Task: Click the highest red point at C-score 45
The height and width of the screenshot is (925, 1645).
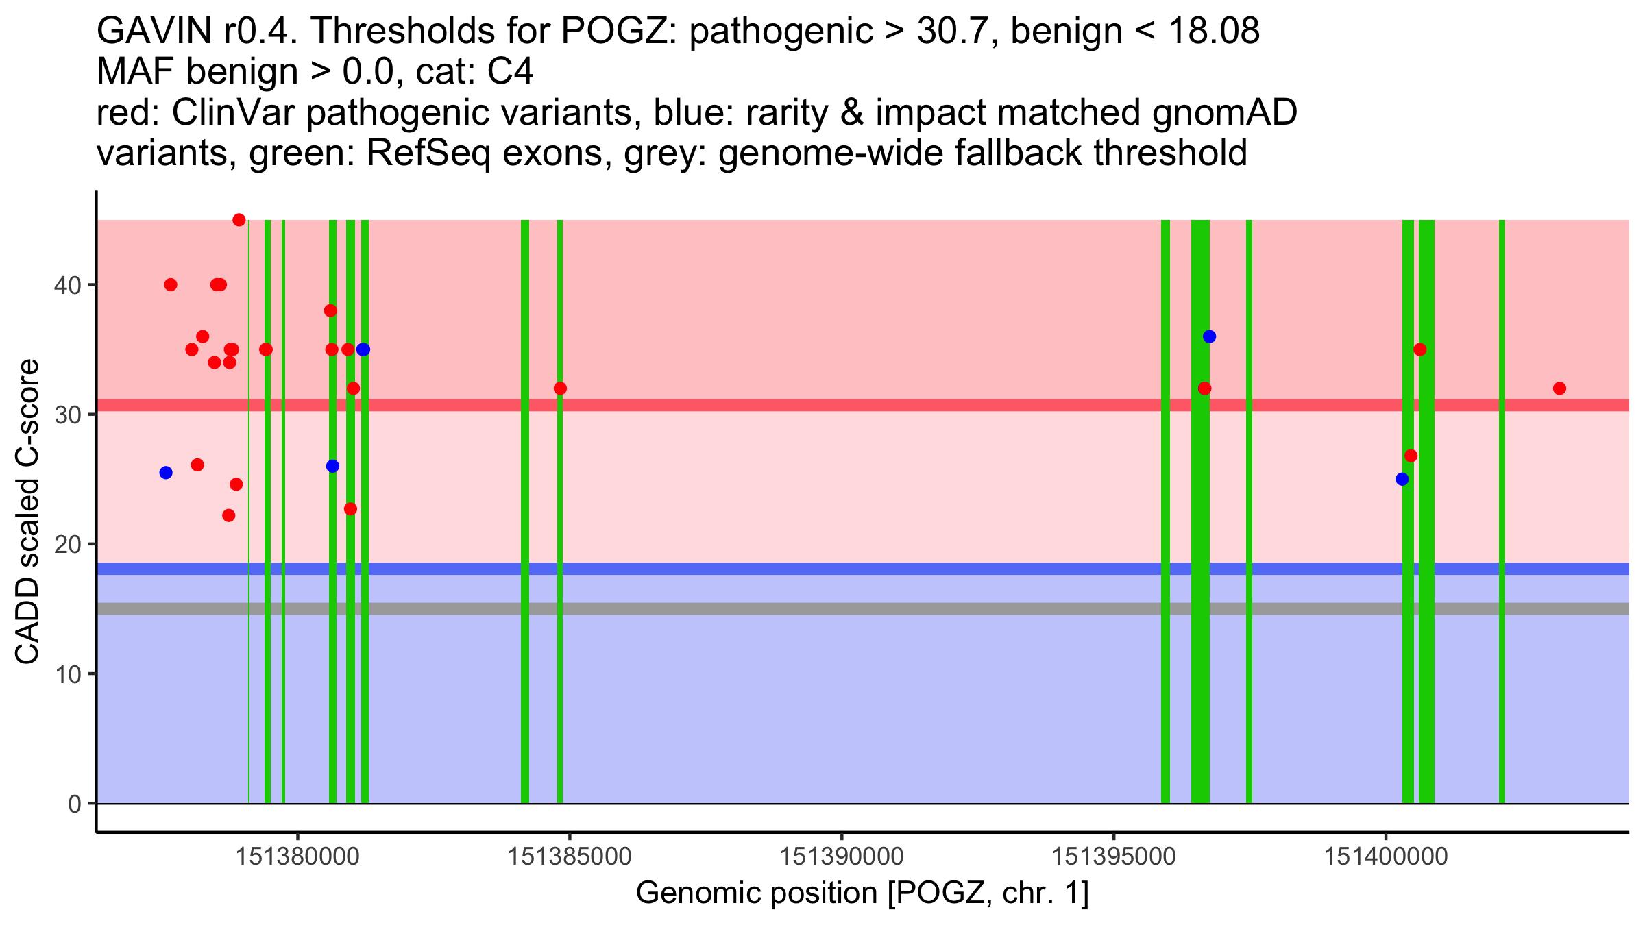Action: point(239,220)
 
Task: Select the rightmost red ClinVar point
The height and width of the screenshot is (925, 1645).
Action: point(1559,388)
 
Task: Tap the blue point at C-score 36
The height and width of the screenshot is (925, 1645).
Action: point(1209,336)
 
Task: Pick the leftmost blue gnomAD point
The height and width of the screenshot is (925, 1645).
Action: point(166,473)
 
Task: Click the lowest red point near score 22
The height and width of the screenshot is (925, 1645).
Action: point(229,515)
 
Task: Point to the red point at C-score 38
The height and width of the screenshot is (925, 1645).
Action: point(330,310)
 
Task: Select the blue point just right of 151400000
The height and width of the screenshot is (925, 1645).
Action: point(1402,479)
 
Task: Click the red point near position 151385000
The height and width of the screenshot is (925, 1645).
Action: point(560,388)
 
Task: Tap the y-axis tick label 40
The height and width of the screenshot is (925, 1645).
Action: point(67,285)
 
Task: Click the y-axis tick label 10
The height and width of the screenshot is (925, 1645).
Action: point(67,674)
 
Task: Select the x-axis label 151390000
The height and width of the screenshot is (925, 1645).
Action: point(842,856)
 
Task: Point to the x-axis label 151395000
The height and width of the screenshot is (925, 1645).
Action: point(1114,856)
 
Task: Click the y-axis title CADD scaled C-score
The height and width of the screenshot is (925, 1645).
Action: point(27,512)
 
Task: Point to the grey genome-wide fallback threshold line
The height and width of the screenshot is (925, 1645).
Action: point(863,609)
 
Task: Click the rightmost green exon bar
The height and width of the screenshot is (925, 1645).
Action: point(1502,511)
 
